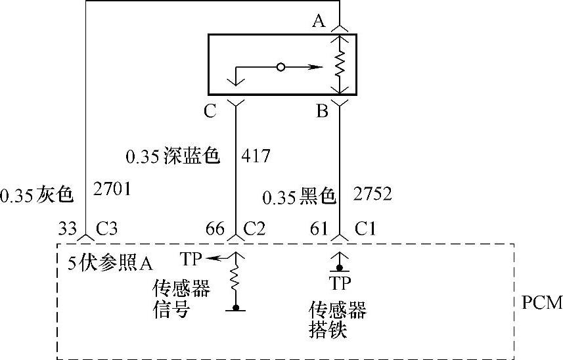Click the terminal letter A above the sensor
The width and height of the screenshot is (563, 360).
319,22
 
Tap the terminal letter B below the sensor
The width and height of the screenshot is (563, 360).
322,111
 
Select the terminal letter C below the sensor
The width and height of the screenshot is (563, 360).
210,111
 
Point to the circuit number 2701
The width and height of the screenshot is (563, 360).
113,190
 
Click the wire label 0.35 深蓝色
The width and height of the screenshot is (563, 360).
172,157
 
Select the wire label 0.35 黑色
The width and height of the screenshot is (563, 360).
299,196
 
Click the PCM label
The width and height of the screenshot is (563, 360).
542,303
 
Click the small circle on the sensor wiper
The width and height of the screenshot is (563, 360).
281,67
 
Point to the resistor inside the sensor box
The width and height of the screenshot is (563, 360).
340,65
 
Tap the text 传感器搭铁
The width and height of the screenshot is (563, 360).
337,320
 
